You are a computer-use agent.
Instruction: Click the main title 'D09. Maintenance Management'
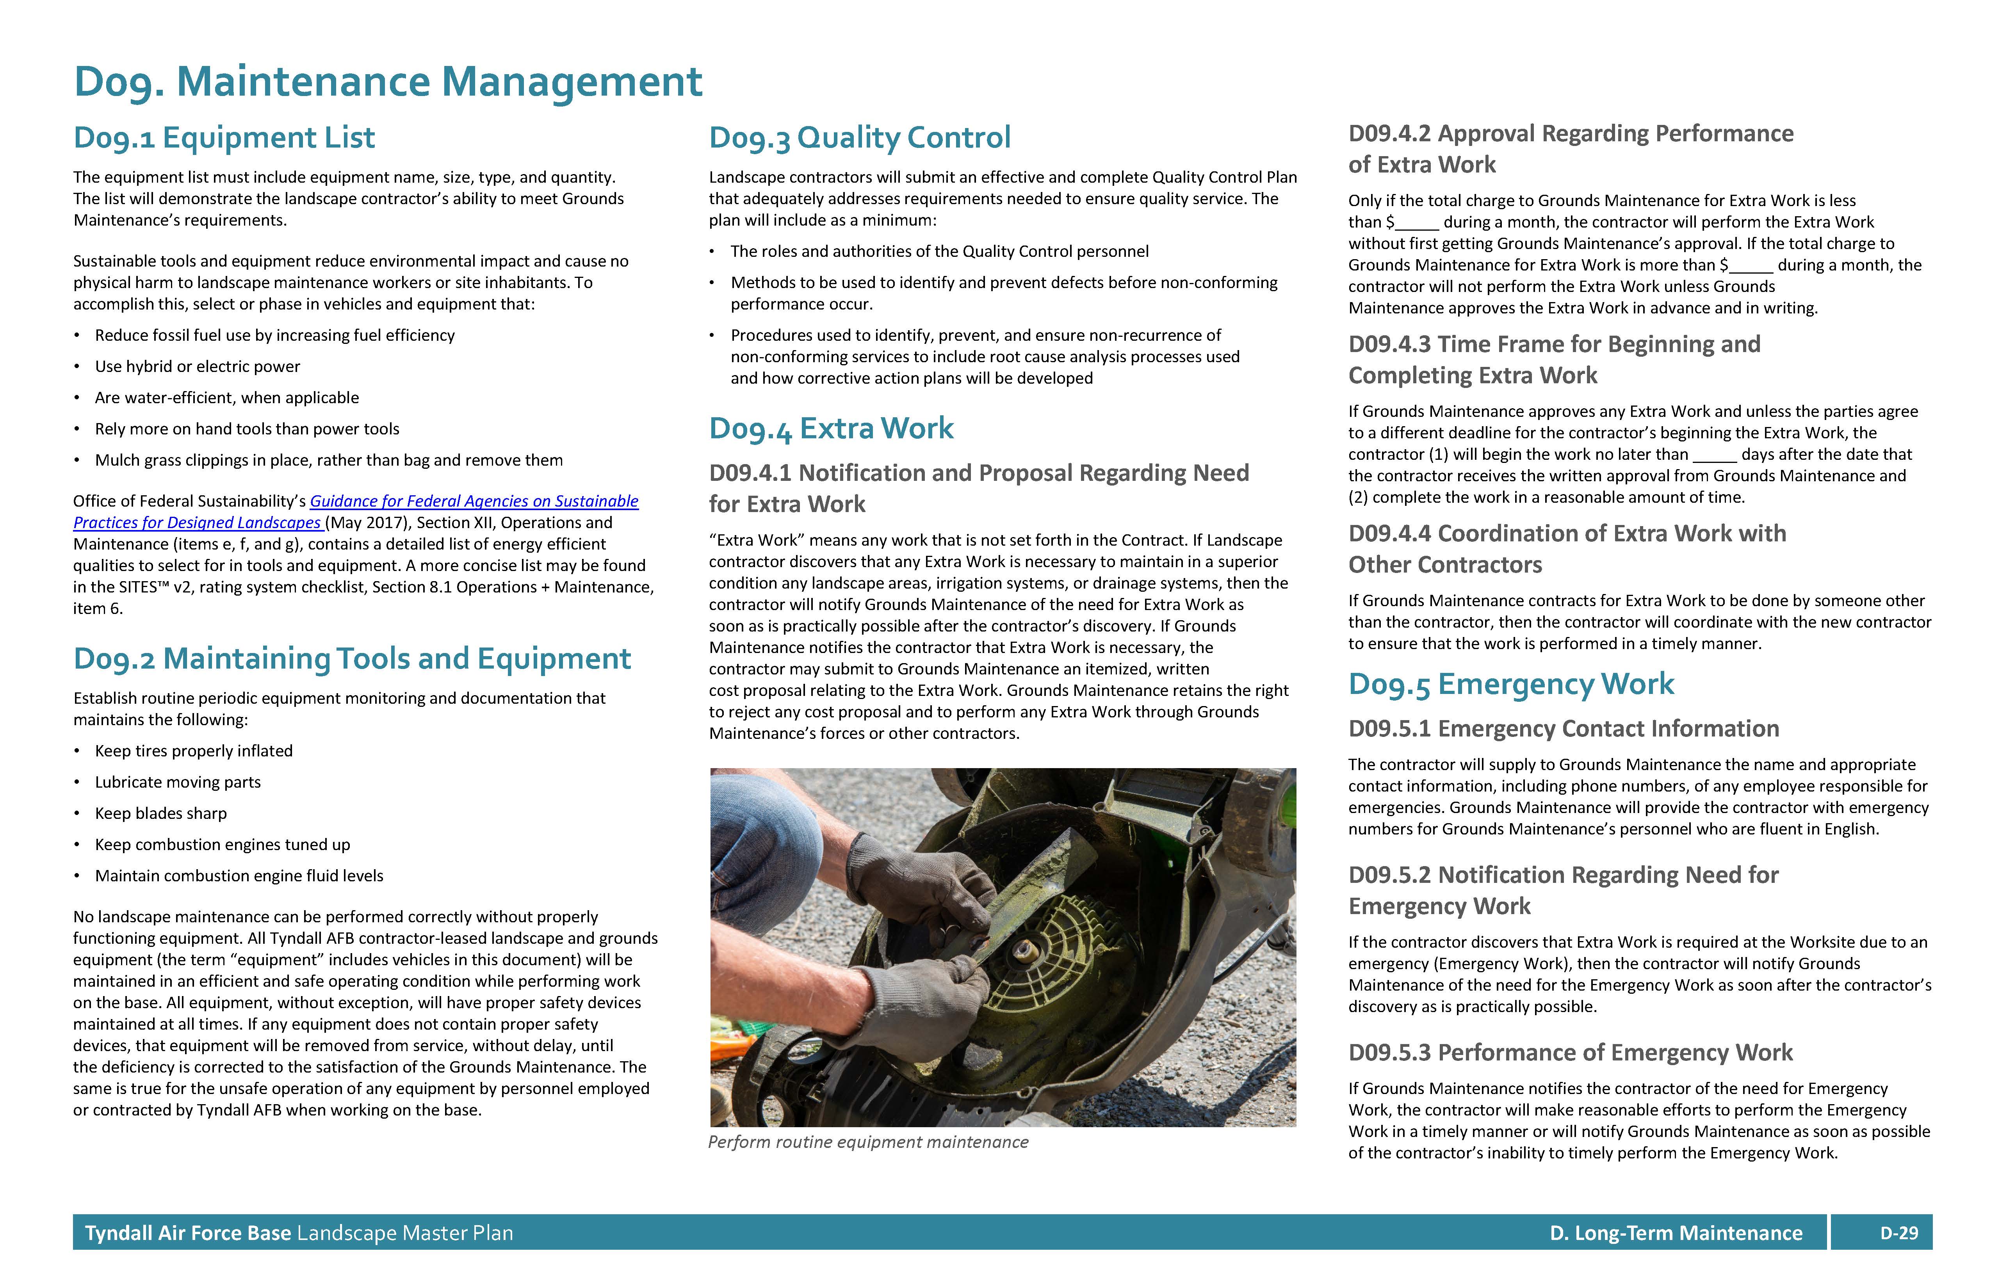(388, 82)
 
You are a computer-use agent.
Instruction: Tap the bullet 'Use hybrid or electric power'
(198, 366)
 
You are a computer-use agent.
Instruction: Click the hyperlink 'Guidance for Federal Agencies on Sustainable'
(474, 501)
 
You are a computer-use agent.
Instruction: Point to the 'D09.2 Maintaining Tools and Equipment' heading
(351, 659)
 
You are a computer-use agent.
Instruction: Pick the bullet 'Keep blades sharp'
(160, 813)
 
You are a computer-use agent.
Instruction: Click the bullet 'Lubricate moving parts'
(177, 782)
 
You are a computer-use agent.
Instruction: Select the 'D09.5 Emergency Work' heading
(1511, 684)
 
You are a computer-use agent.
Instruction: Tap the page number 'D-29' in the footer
(1899, 1233)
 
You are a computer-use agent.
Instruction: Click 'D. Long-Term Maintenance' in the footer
(1676, 1233)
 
